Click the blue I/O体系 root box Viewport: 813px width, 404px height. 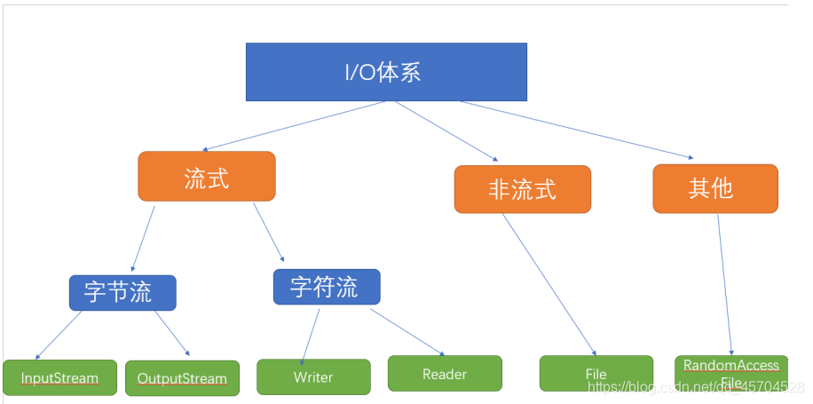tap(386, 72)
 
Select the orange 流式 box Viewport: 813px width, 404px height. tap(207, 177)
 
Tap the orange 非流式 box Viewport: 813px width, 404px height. tap(522, 189)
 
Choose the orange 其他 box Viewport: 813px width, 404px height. tap(715, 188)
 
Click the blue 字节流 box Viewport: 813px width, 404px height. tap(122, 293)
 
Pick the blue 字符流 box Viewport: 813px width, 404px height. tap(327, 287)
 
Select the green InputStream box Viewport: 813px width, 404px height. tap(60, 377)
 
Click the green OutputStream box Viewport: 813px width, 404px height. tap(182, 378)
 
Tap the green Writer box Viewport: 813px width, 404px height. tap(313, 376)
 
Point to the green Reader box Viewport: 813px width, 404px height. tap(445, 374)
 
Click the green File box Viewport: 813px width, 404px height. tap(596, 374)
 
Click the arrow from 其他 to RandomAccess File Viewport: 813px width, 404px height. tap(724, 284)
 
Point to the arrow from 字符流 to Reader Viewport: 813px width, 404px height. tap(406, 331)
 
